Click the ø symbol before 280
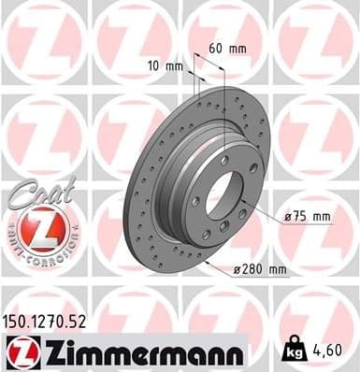pyautogui.click(x=237, y=270)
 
